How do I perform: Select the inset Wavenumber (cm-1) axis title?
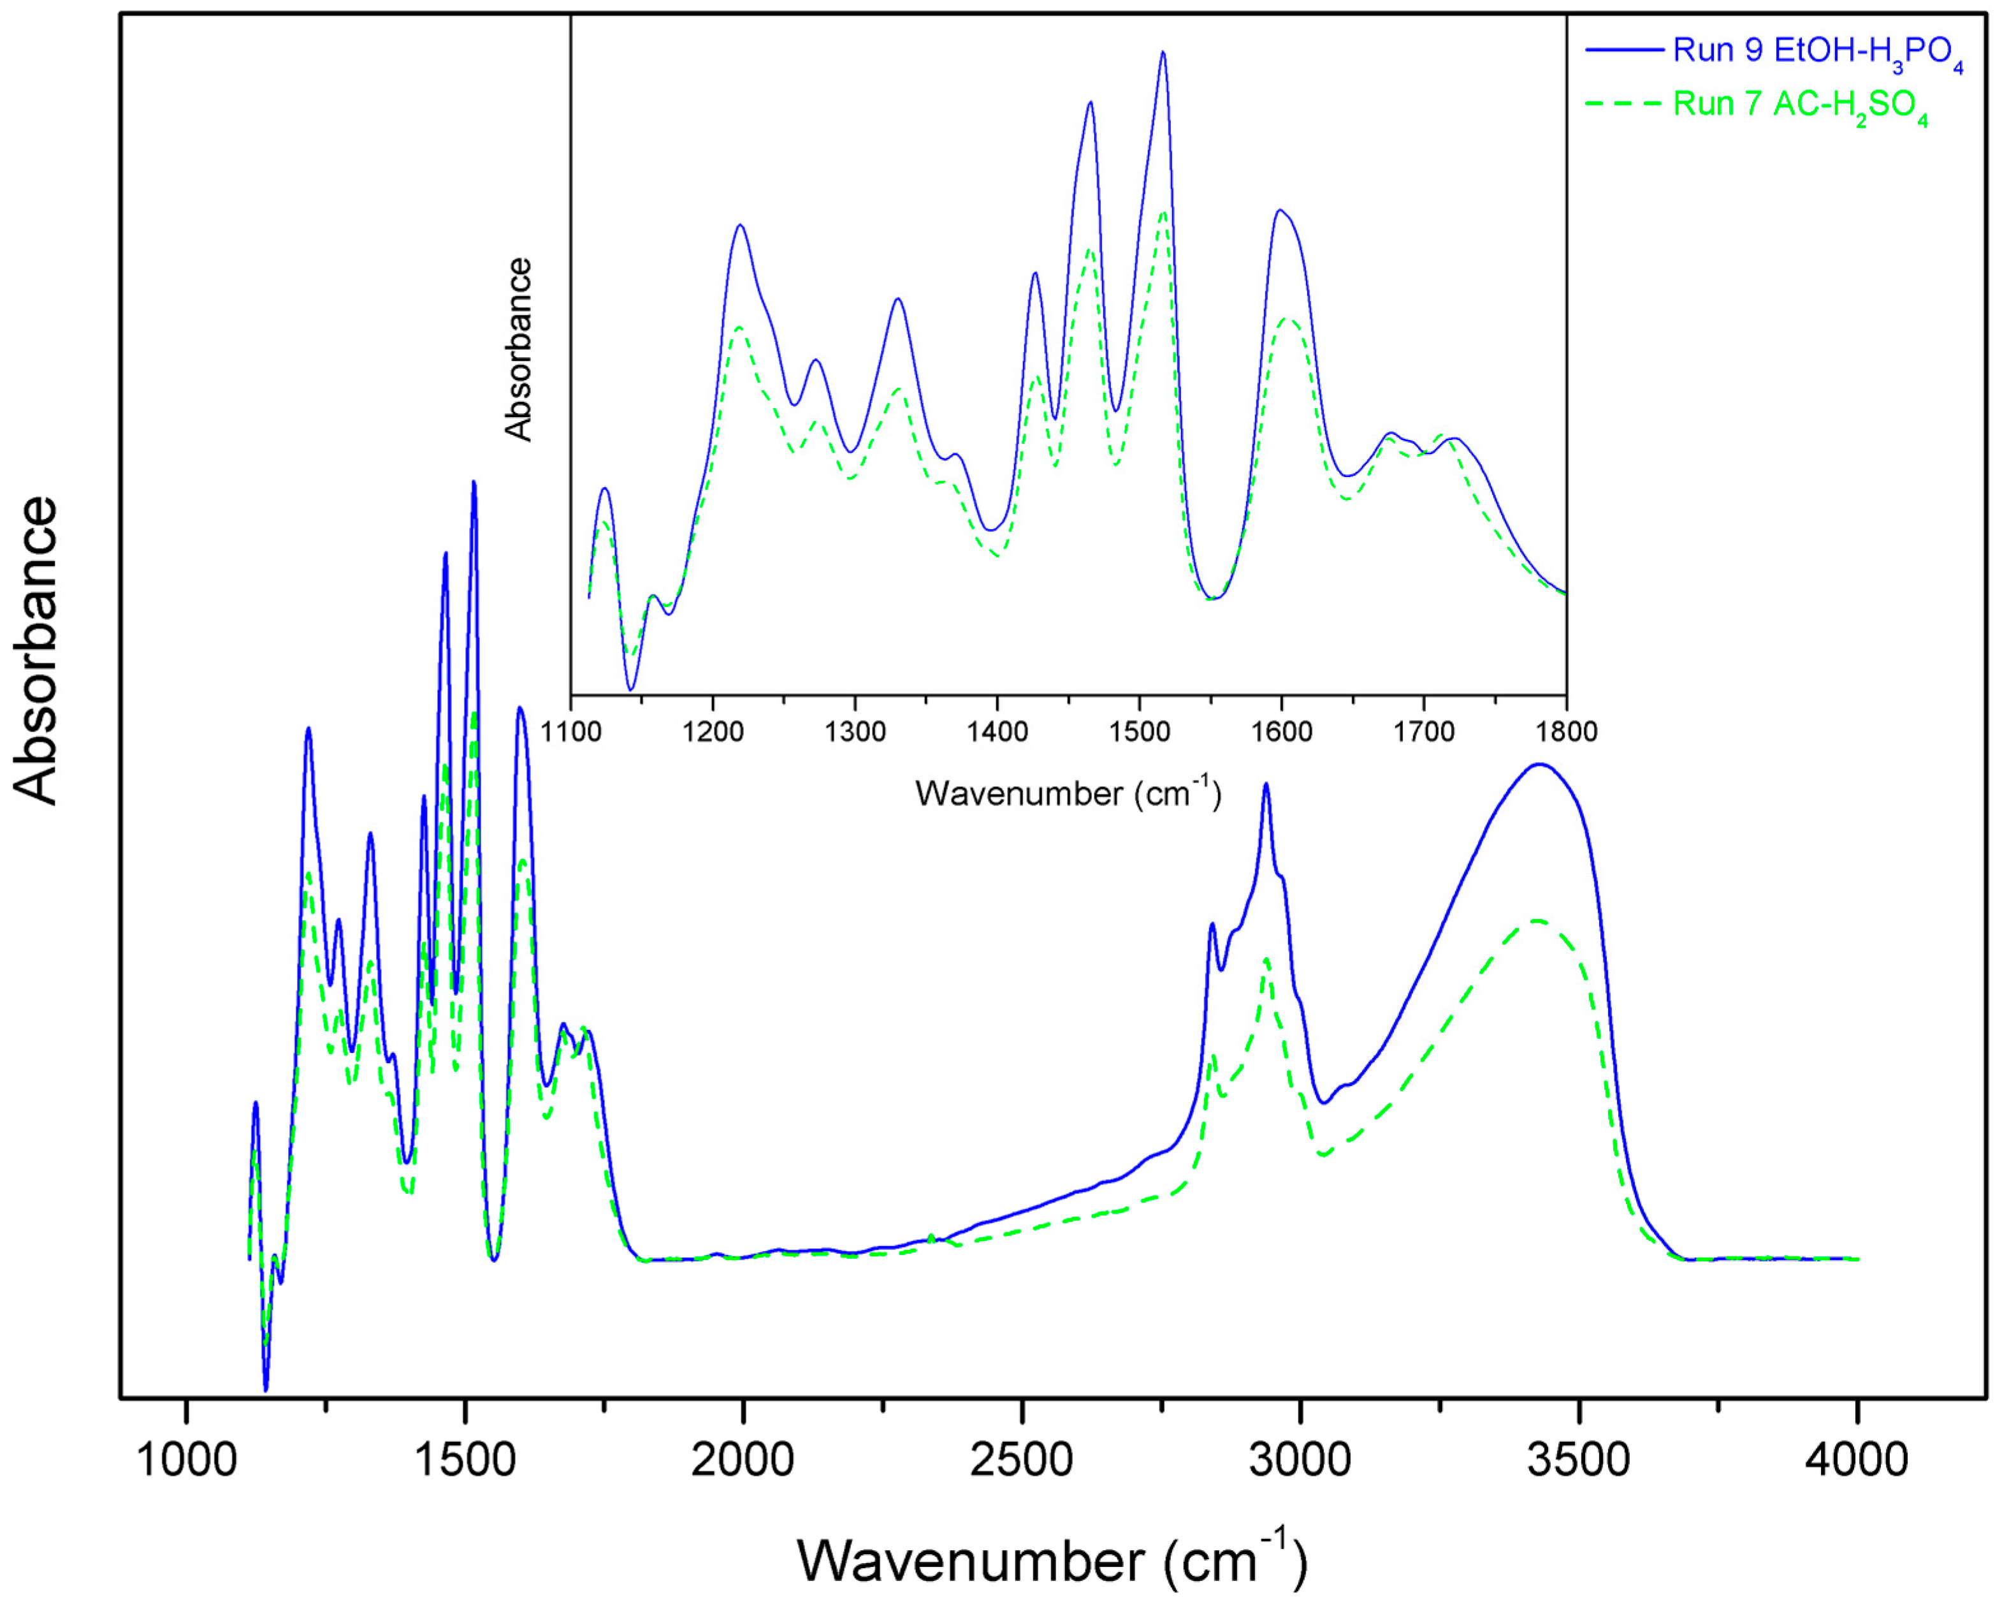coord(1068,793)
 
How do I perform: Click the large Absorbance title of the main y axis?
coord(37,650)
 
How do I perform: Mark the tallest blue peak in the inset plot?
coord(1163,53)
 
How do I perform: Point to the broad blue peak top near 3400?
coord(1539,765)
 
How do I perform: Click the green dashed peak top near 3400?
coord(1537,921)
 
